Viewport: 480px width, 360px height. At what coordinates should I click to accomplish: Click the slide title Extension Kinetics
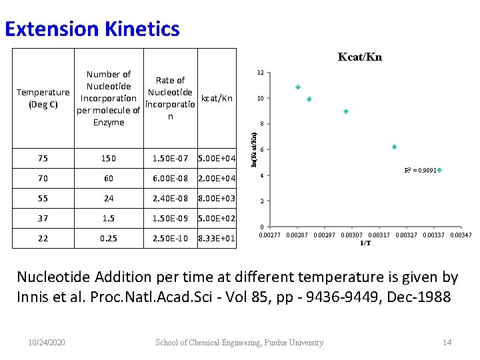coord(92,29)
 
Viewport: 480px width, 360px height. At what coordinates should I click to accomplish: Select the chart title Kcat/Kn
coord(359,57)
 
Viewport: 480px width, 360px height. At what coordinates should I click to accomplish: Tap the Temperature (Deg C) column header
coord(43,98)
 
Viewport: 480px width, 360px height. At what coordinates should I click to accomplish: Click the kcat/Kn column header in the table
coord(217,98)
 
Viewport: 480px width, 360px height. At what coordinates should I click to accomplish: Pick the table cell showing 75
coord(43,159)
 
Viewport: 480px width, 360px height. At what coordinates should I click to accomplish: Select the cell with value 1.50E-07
coord(170,159)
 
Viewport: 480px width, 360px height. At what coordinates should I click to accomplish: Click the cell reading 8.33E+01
coord(217,239)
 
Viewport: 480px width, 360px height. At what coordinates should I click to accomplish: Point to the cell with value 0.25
coord(109,239)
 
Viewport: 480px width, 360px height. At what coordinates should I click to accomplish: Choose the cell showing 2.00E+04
coord(217,179)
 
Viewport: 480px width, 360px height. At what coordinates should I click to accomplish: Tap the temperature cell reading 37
coord(43,219)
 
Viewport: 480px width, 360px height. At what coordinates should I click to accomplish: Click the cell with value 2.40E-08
coord(170,199)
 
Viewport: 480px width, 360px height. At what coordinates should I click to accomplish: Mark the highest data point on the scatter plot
coord(298,87)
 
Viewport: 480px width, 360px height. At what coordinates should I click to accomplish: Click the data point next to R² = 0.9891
coord(439,171)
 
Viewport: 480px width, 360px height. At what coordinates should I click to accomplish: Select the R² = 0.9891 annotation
coord(420,171)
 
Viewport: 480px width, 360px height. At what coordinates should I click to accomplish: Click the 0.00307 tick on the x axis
coord(351,235)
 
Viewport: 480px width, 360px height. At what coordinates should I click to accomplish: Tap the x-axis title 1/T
coord(365,243)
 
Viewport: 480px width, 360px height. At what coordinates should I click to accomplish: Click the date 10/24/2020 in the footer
coord(47,343)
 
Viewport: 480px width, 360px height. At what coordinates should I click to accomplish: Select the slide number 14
coord(447,343)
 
